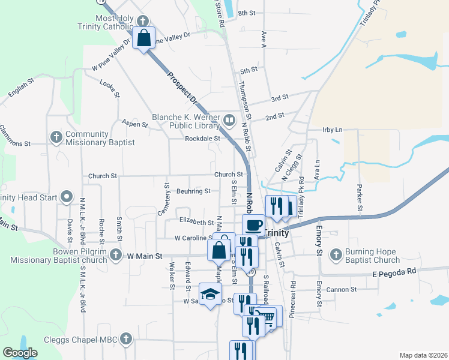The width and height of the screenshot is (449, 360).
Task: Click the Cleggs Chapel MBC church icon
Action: tap(125, 338)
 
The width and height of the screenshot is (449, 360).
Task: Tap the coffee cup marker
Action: tap(253, 225)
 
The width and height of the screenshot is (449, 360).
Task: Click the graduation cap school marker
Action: tap(210, 294)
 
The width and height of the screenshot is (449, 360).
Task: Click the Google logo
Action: tap(20, 353)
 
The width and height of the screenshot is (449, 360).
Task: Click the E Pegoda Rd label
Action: tap(393, 271)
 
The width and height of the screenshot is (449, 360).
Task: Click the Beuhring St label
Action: tap(193, 191)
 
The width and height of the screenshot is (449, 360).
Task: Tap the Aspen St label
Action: tap(134, 124)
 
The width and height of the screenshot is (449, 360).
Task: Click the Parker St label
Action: tap(360, 197)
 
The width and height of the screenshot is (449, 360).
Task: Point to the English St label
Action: tap(19, 89)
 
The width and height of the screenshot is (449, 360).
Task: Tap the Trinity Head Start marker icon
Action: tap(67, 197)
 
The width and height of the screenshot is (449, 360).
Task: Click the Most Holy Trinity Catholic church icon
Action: tap(142, 19)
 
